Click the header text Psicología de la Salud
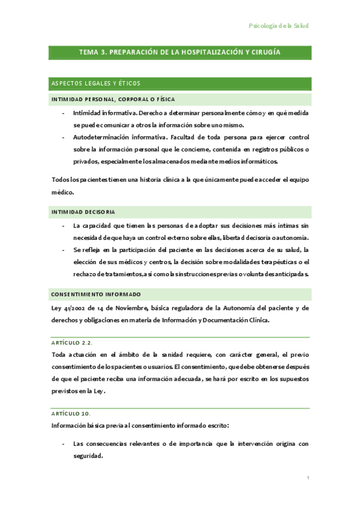(278, 26)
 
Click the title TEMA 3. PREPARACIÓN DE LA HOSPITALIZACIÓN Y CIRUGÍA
(180, 52)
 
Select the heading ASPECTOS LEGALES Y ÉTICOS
(96, 83)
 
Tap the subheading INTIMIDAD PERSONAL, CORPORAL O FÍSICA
(113, 99)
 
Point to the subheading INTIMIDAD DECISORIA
(84, 212)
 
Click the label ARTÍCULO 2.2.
(72, 342)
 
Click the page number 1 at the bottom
(308, 478)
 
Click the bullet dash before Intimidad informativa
(64, 113)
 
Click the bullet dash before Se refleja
(64, 250)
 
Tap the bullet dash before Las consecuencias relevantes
(64, 444)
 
